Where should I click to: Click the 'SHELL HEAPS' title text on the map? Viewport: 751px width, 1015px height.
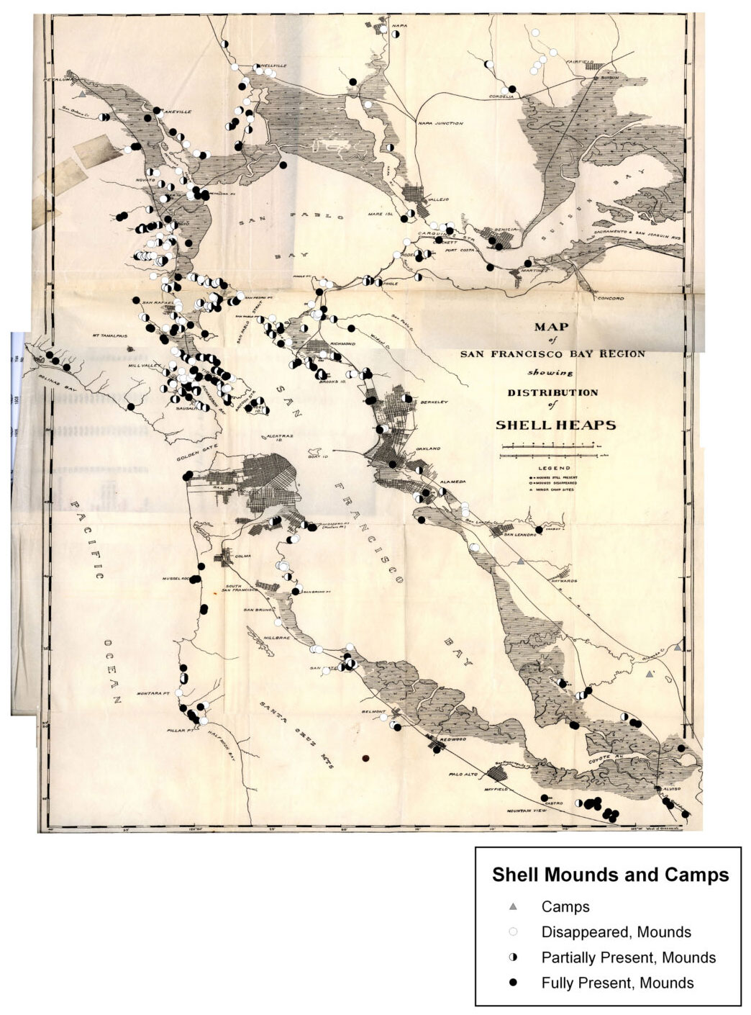(555, 425)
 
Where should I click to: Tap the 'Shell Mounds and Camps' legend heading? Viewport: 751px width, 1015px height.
(610, 875)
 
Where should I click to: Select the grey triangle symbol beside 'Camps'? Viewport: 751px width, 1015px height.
(513, 907)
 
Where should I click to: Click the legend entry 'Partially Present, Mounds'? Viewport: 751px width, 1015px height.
(628, 957)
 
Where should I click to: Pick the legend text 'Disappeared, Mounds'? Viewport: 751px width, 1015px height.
(616, 932)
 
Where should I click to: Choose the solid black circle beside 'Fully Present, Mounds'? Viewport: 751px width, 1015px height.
(513, 983)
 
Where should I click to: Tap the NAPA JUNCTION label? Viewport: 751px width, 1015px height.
(440, 123)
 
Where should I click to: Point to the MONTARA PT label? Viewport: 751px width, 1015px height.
(160, 694)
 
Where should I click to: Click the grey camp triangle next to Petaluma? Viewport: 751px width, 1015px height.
(83, 94)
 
